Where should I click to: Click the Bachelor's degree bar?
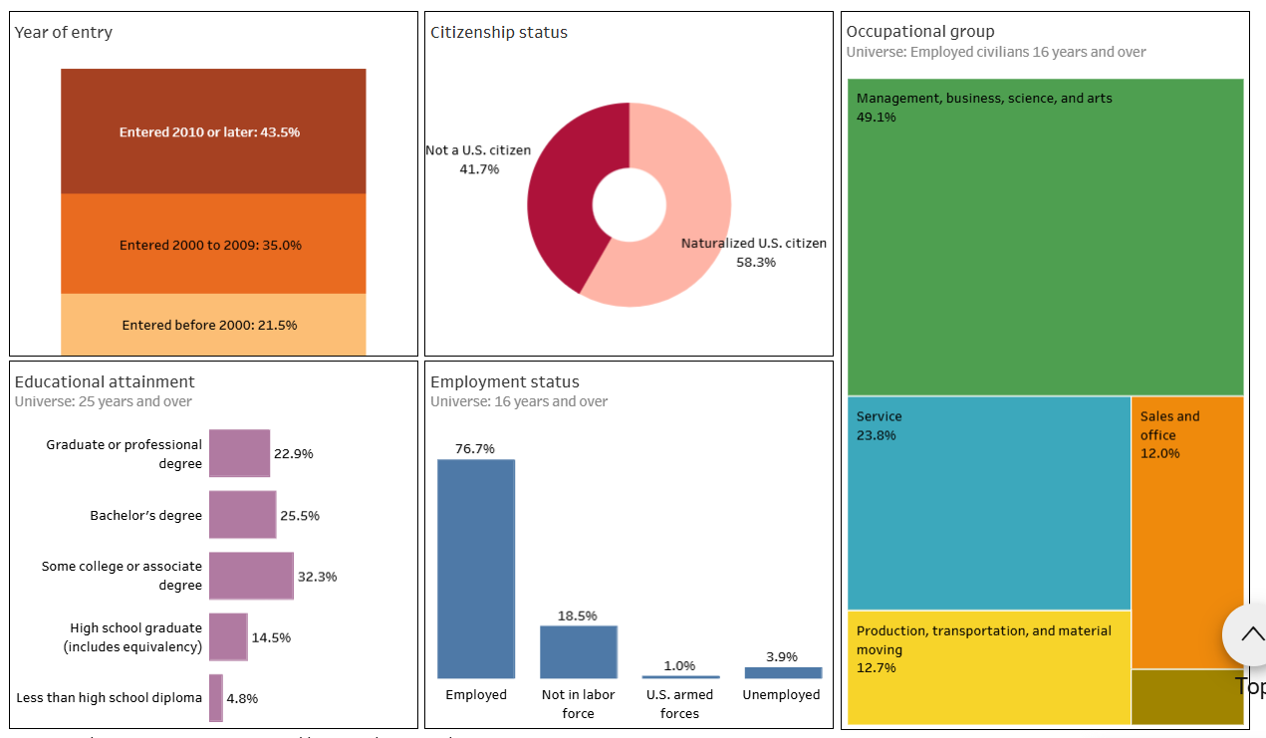coord(242,515)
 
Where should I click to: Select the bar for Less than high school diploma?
coord(215,698)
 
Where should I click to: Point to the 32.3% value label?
coord(318,577)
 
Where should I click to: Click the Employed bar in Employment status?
coord(476,569)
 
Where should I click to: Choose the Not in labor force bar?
coord(579,651)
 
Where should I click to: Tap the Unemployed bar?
coord(783,673)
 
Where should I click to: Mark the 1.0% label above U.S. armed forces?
coord(679,665)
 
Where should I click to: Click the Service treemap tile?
coord(989,503)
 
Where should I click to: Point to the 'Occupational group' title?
coord(920,32)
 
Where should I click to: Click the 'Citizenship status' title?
coord(499,32)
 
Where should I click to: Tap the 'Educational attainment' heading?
coord(105,381)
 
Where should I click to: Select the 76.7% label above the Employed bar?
coord(475,448)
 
